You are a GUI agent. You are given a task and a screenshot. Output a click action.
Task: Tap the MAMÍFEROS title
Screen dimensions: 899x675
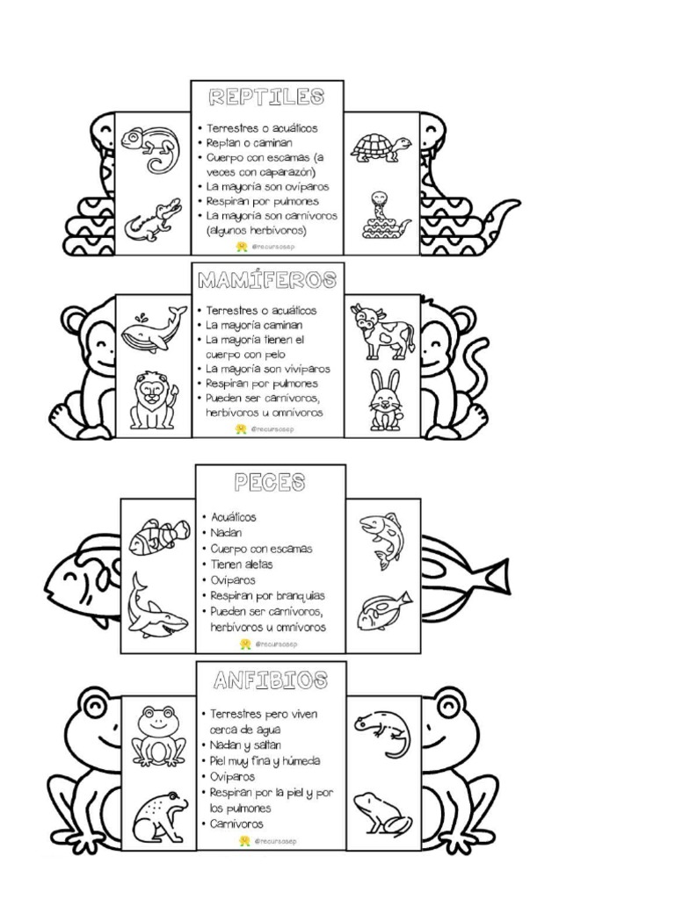pyautogui.click(x=267, y=280)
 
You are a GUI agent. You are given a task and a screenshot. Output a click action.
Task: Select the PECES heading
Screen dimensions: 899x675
pyautogui.click(x=270, y=482)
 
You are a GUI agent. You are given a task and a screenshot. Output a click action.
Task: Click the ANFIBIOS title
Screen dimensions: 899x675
pyautogui.click(x=271, y=680)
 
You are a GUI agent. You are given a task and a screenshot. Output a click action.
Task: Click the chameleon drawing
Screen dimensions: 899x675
pyautogui.click(x=149, y=147)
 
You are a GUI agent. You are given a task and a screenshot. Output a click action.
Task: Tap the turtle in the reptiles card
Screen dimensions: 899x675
pyautogui.click(x=381, y=147)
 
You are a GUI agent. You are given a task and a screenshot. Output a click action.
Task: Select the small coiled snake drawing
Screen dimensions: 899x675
pyautogui.click(x=384, y=218)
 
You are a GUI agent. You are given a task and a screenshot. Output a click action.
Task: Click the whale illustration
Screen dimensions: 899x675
pyautogui.click(x=152, y=330)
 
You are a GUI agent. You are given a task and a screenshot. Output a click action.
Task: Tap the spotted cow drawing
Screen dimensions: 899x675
pyautogui.click(x=381, y=330)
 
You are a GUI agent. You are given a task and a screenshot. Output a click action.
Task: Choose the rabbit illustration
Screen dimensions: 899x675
pyautogui.click(x=383, y=401)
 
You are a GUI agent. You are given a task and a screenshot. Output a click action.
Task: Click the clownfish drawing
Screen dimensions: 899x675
pyautogui.click(x=159, y=535)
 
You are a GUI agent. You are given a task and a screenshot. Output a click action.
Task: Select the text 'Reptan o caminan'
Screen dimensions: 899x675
pyautogui.click(x=249, y=142)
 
